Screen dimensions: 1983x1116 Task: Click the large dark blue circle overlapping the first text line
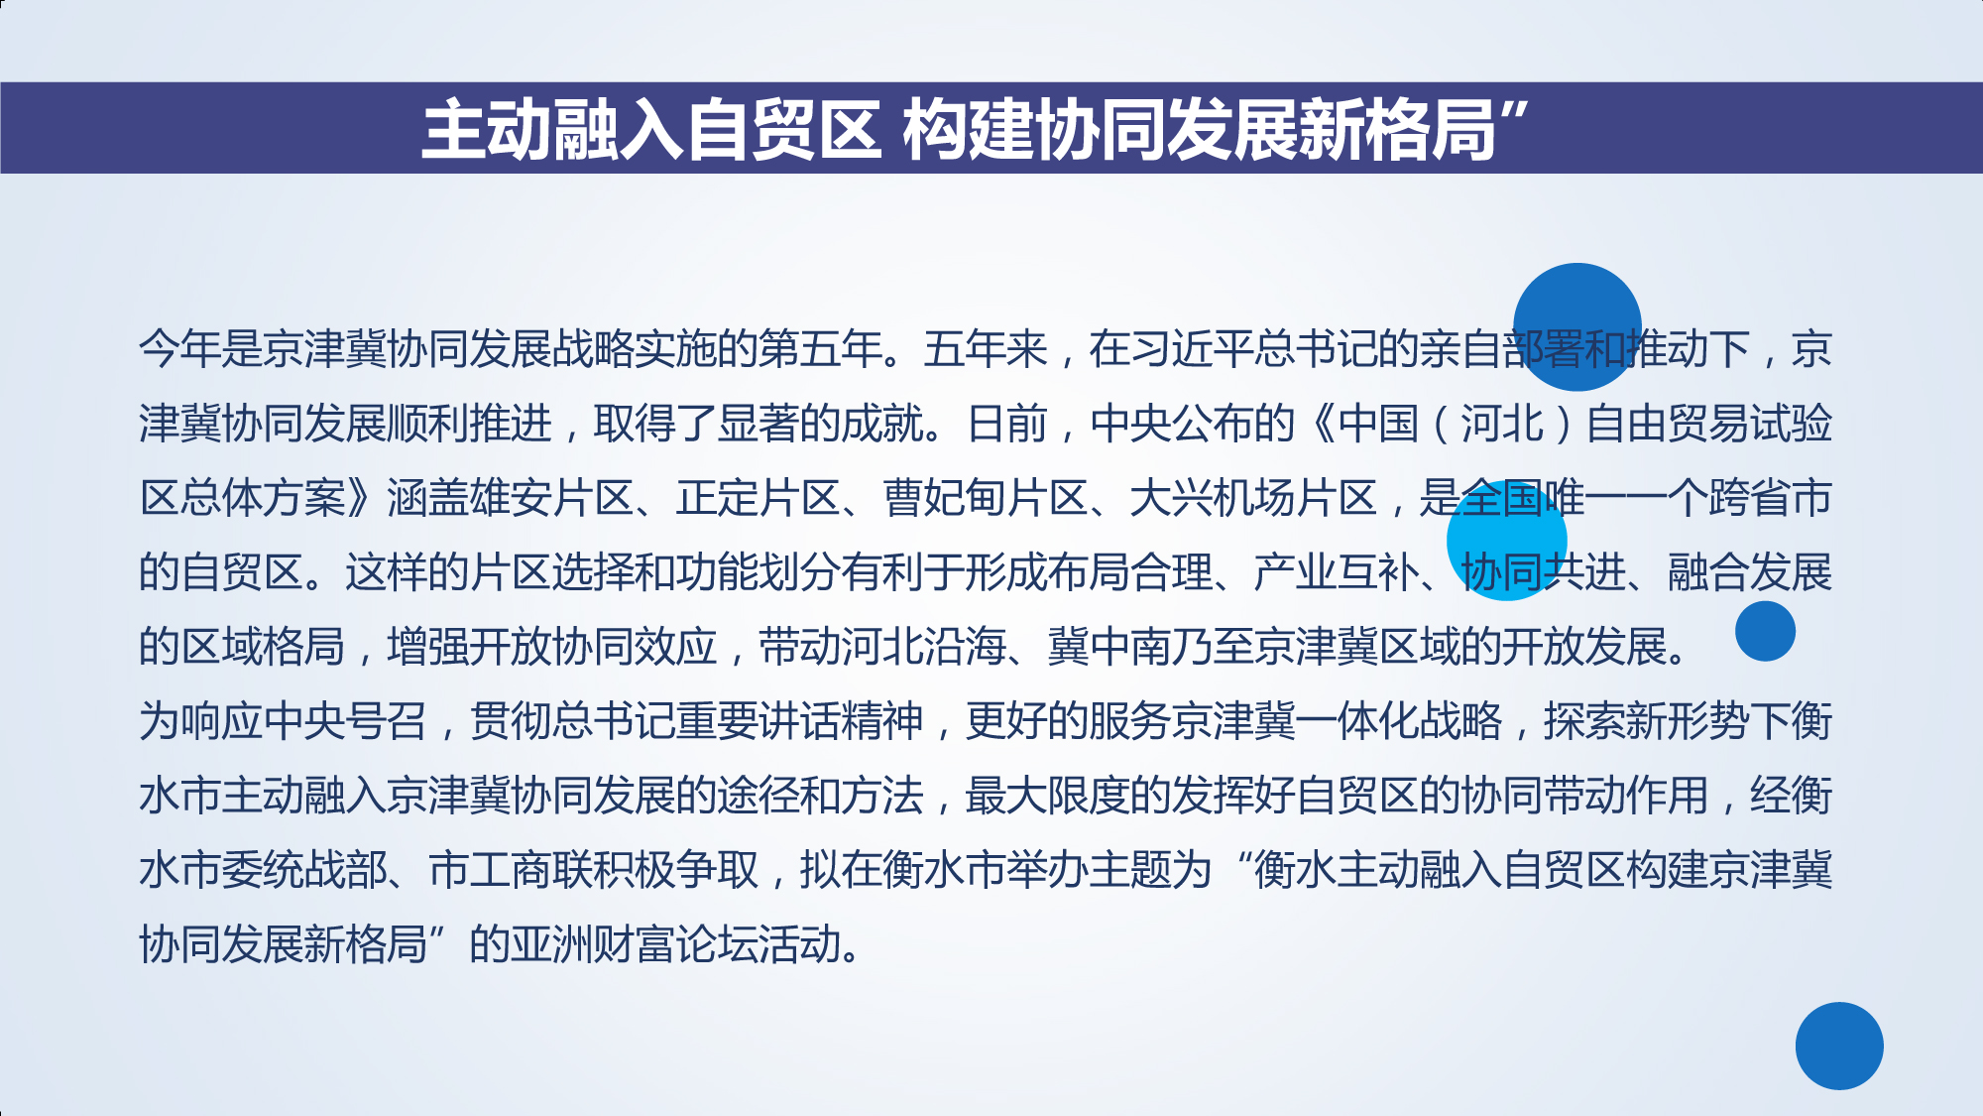tap(1577, 327)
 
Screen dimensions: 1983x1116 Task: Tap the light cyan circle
tap(1507, 541)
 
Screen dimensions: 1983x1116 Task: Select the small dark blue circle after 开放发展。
tap(1765, 631)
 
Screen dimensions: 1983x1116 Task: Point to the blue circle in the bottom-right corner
tap(1839, 1046)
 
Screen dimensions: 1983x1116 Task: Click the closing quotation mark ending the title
tap(1514, 111)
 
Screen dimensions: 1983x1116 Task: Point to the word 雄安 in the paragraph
tap(511, 498)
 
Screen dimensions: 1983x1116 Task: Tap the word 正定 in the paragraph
tap(718, 498)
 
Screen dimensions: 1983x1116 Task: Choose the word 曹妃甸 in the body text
tap(945, 498)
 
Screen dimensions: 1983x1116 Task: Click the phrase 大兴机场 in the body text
tap(1214, 498)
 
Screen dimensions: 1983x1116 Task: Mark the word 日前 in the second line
tap(1007, 424)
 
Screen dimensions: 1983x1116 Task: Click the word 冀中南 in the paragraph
tap(1110, 647)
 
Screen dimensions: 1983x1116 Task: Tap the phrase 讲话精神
tap(842, 721)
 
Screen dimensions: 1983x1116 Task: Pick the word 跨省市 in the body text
tap(1771, 498)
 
